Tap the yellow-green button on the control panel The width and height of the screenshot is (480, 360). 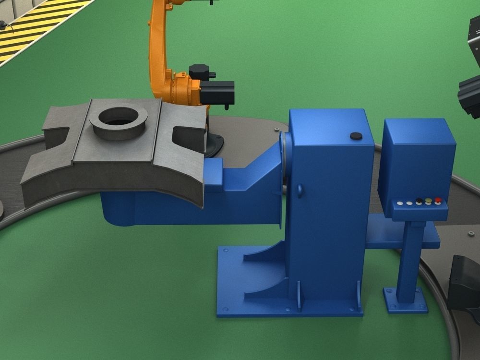(x=428, y=202)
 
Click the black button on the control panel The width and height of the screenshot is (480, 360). (x=419, y=202)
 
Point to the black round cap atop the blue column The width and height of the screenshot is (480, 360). (x=356, y=136)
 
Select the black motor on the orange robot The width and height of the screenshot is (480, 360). (x=217, y=92)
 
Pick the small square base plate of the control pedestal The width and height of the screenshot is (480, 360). (x=405, y=300)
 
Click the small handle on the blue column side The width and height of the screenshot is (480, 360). (x=300, y=191)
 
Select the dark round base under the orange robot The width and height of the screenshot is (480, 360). (x=214, y=144)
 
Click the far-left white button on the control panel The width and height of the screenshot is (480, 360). (x=400, y=204)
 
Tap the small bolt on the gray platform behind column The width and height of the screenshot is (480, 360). (x=277, y=130)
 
